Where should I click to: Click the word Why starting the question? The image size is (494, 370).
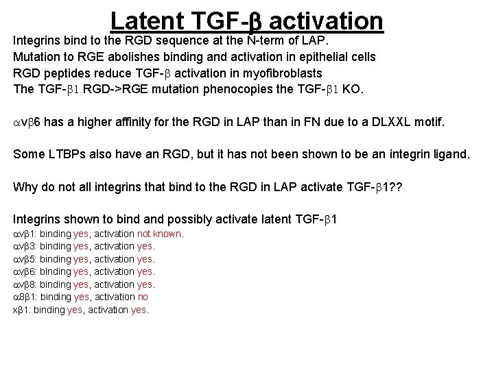click(x=25, y=188)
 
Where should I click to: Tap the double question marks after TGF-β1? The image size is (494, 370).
click(x=395, y=188)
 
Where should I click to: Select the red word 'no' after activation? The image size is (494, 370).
click(x=143, y=297)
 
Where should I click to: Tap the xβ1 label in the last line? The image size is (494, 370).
click(x=22, y=310)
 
